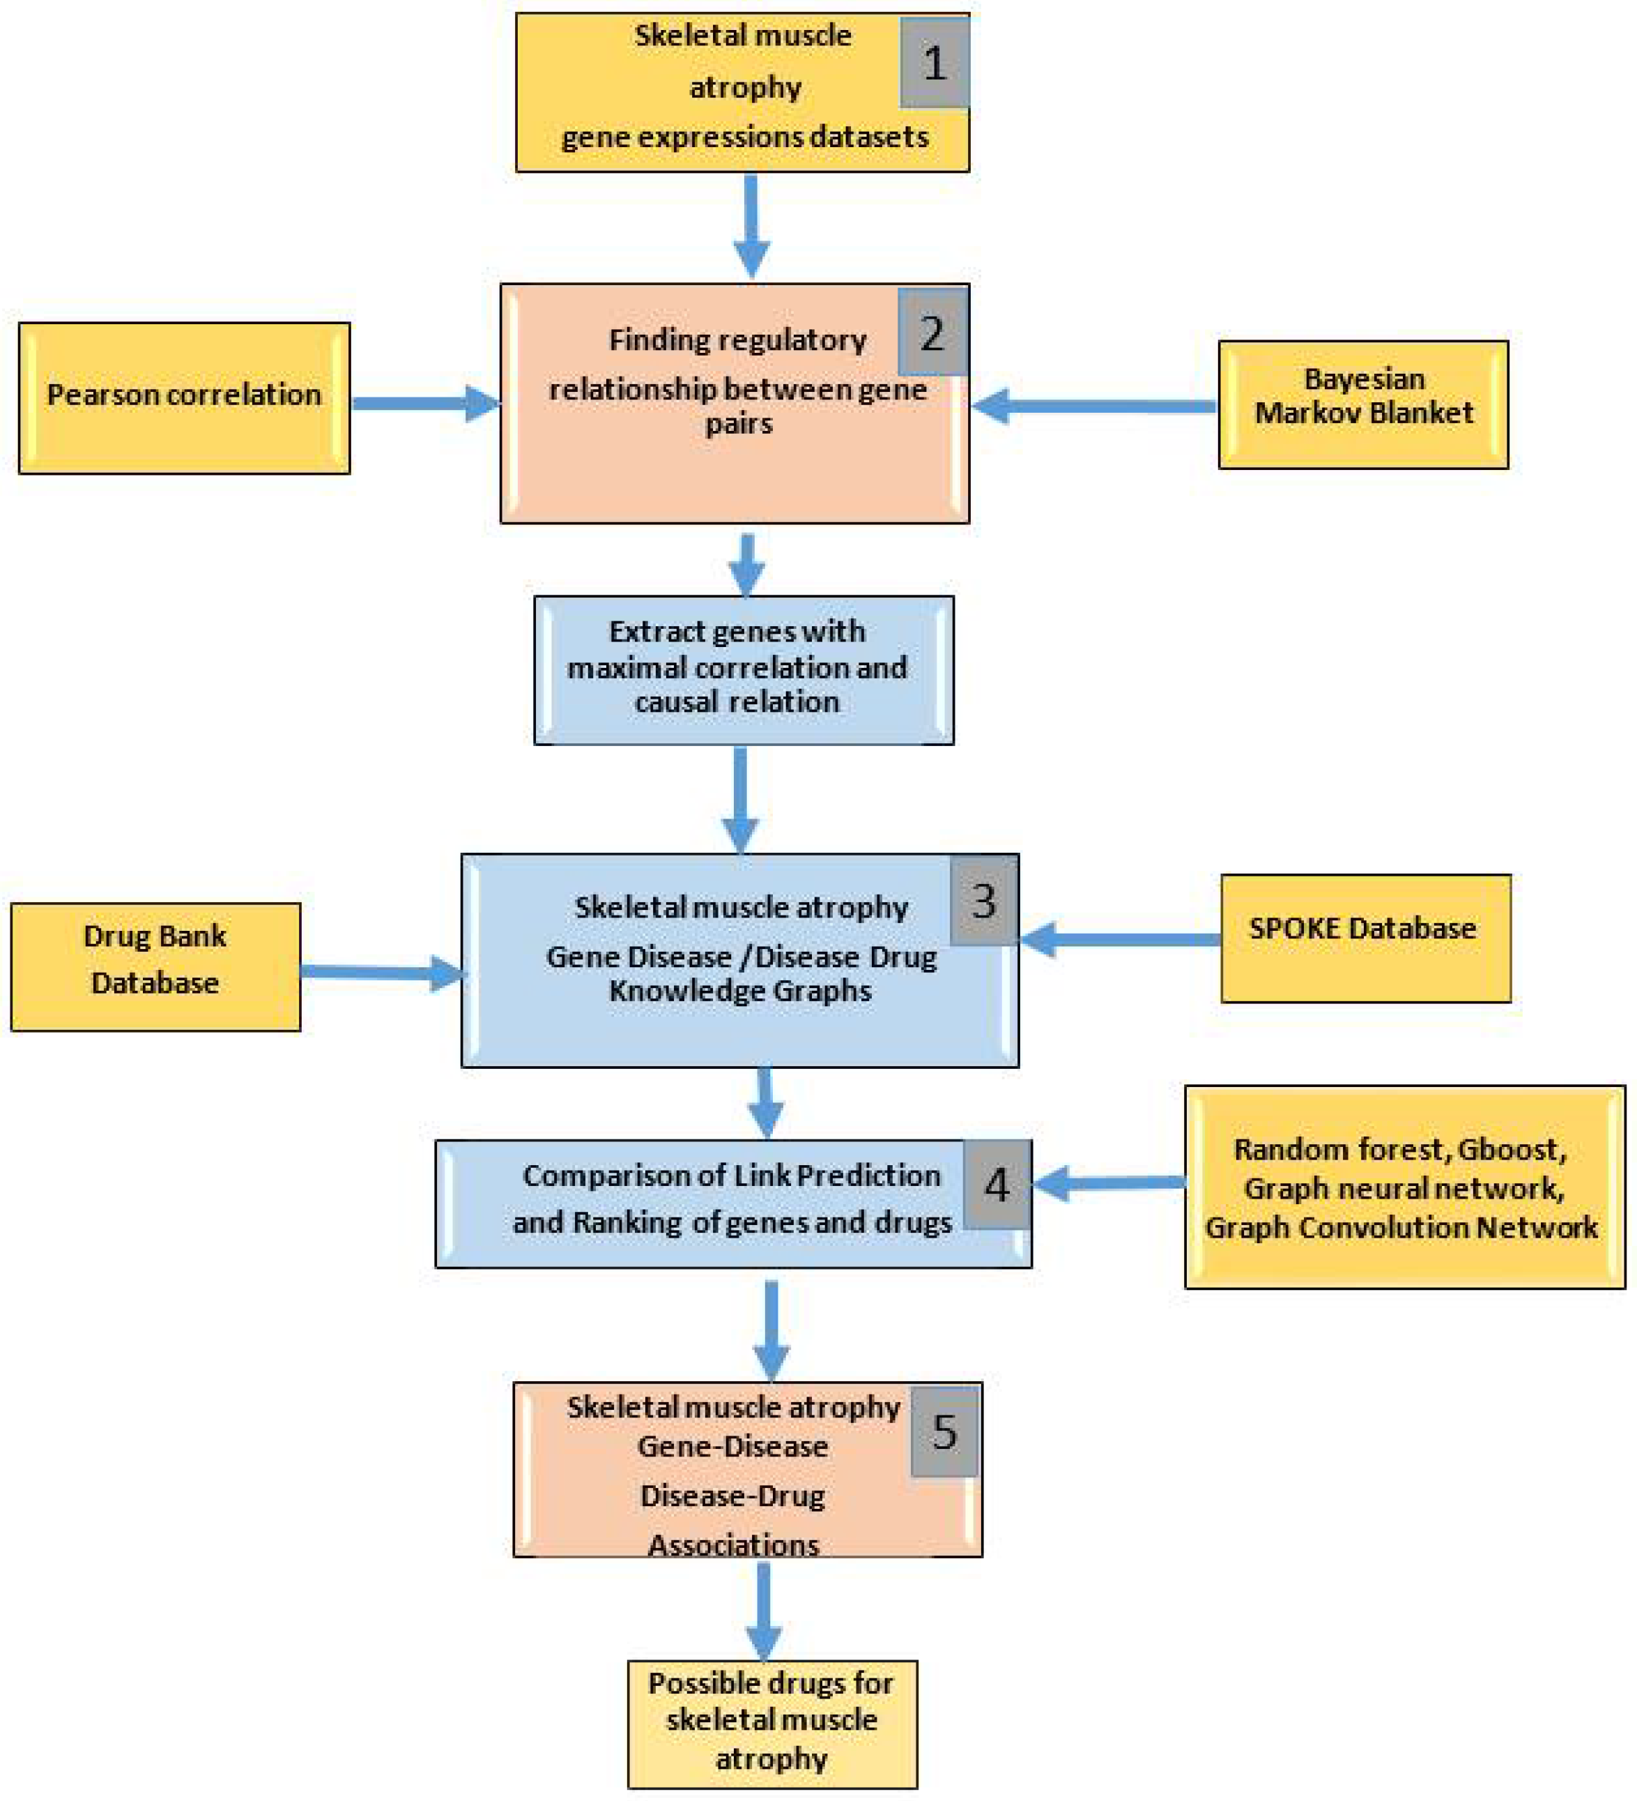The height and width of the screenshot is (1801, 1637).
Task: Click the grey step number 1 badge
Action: pyautogui.click(x=934, y=63)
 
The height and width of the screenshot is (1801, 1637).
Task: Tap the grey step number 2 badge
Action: pyautogui.click(x=932, y=333)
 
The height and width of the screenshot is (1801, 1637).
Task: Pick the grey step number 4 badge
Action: pyautogui.click(x=997, y=1185)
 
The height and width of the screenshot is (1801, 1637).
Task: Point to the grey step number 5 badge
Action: pyautogui.click(x=944, y=1433)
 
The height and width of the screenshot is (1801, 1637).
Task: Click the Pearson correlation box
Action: pyautogui.click(x=184, y=398)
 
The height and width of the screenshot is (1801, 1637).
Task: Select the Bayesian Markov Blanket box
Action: pyautogui.click(x=1363, y=404)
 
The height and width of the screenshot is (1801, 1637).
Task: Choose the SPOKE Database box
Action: pyautogui.click(x=1365, y=938)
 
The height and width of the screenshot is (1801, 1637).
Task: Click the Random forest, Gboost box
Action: pyautogui.click(x=1404, y=1187)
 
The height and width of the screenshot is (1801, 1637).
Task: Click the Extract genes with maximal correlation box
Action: pyautogui.click(x=743, y=670)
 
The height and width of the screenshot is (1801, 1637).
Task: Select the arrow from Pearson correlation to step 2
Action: pyautogui.click(x=424, y=404)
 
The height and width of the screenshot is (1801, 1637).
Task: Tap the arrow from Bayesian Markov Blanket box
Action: pyautogui.click(x=1094, y=406)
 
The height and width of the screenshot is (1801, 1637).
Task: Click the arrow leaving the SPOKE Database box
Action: pyautogui.click(x=1121, y=940)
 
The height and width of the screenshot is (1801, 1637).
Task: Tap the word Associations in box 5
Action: pyautogui.click(x=733, y=1544)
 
